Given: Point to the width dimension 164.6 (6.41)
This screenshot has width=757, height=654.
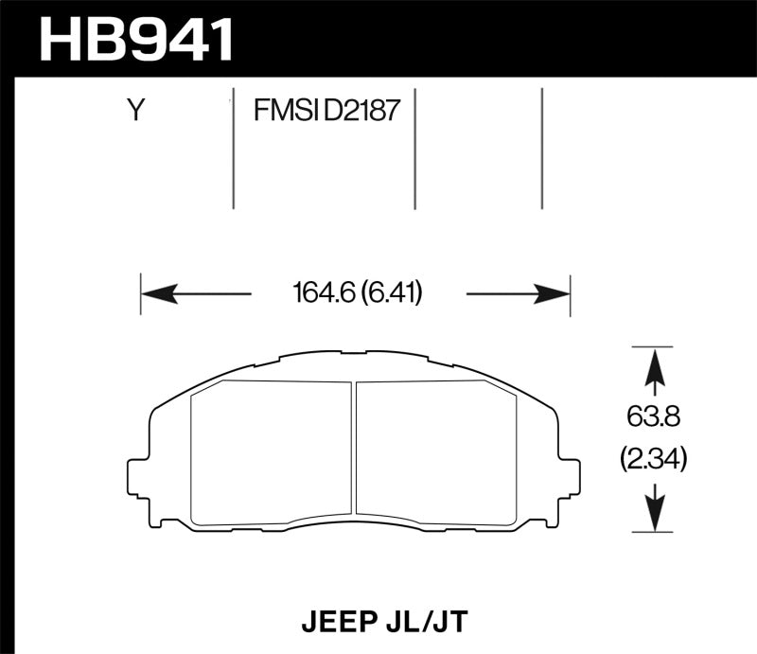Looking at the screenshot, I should [x=359, y=294].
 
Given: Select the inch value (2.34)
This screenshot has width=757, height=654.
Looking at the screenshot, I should [x=652, y=461].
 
